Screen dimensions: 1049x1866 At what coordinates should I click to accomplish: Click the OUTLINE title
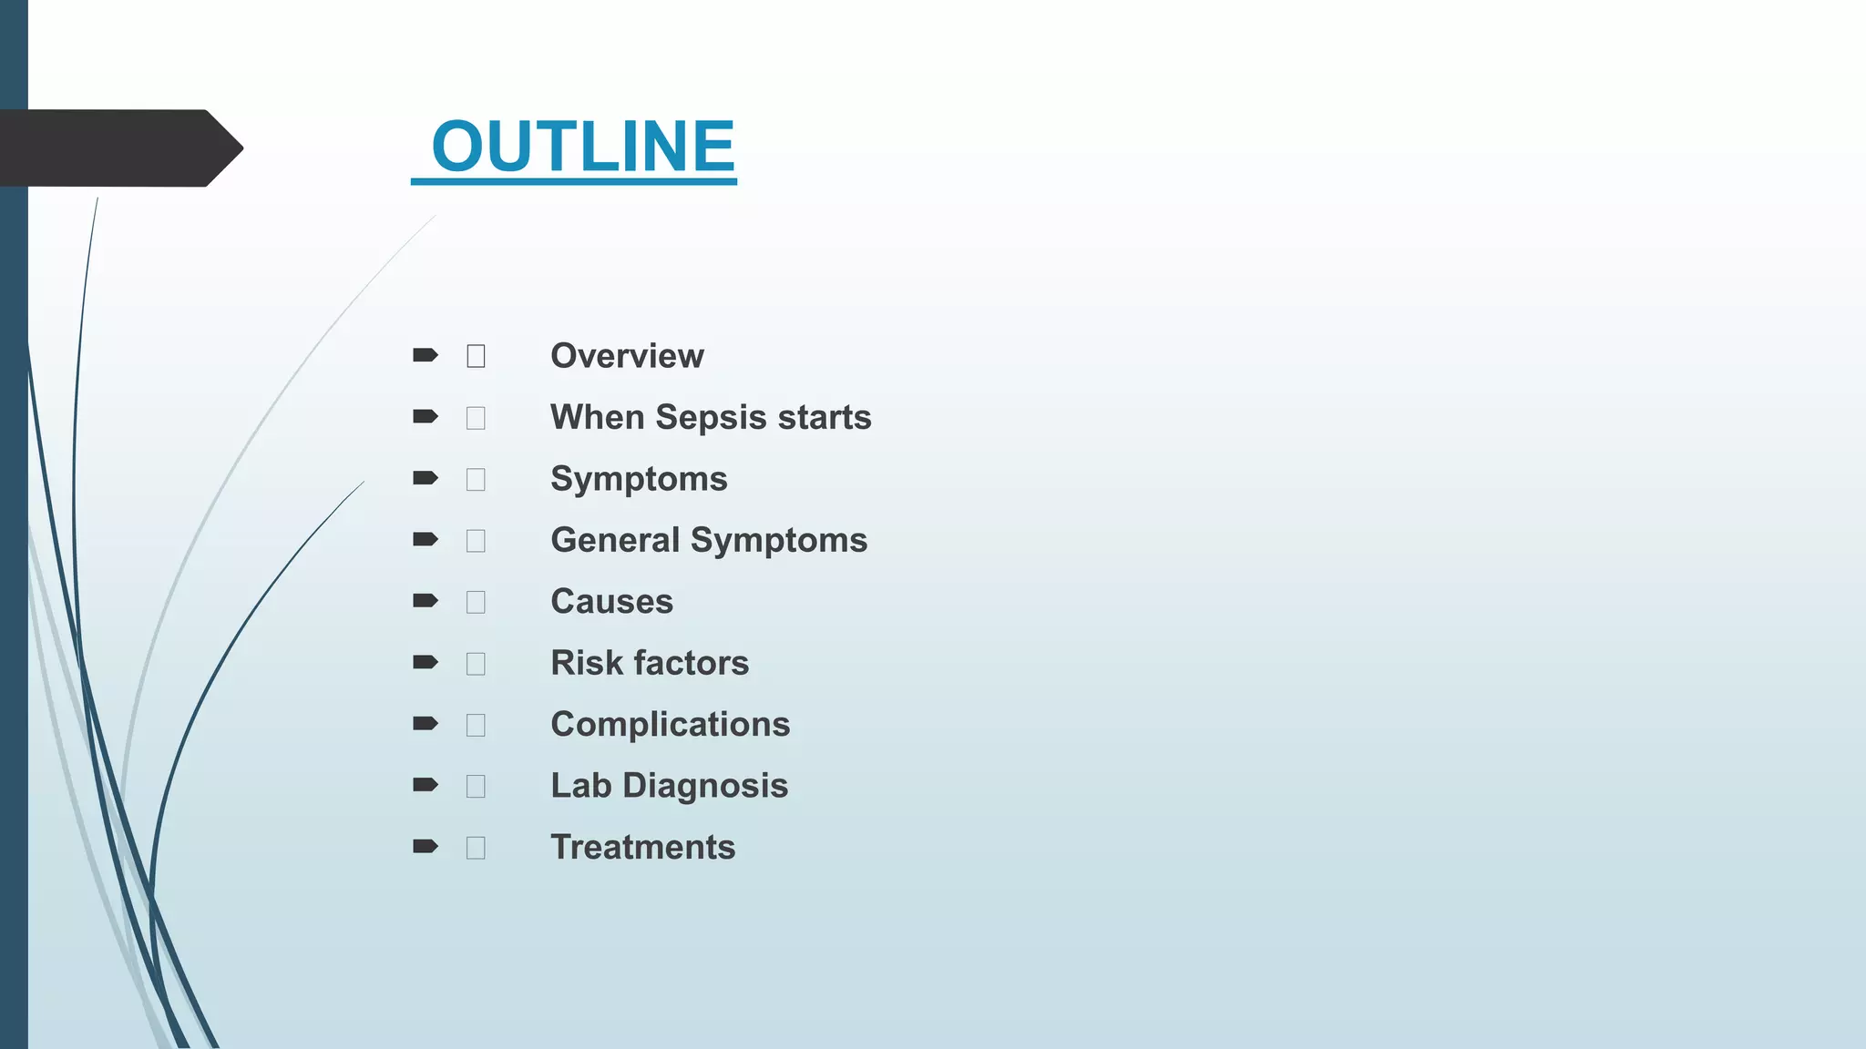582,147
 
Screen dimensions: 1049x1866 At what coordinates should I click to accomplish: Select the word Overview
627,356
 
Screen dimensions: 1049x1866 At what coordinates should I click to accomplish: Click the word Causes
611,602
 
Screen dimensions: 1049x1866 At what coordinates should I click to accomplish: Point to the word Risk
587,663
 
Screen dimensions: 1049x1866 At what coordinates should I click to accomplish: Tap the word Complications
670,725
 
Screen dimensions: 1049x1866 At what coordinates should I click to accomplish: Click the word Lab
580,786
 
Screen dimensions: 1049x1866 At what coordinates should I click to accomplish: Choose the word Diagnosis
705,786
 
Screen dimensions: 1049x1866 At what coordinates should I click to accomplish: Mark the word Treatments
642,848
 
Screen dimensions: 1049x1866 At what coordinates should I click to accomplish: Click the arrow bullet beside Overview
425,355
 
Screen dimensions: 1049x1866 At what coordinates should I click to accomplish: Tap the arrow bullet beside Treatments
425,847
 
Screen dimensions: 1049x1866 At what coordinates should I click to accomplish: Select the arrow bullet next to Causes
425,601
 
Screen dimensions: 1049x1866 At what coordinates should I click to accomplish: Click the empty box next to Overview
476,356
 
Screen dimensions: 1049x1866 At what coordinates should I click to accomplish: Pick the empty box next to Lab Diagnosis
476,786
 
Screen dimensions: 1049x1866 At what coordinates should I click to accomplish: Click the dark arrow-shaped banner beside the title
118,148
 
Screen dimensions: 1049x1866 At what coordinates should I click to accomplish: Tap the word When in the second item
597,417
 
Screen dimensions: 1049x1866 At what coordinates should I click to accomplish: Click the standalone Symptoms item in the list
639,479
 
